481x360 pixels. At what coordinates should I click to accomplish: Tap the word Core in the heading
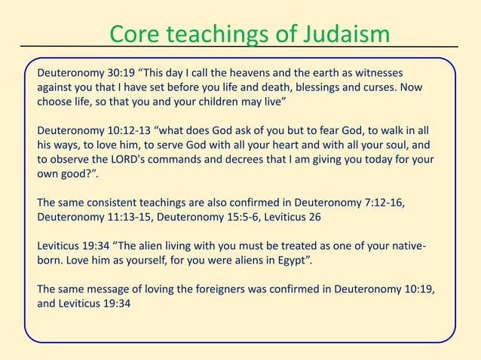point(137,34)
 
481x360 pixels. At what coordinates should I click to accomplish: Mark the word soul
point(403,145)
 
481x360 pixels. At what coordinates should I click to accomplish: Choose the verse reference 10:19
point(418,288)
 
